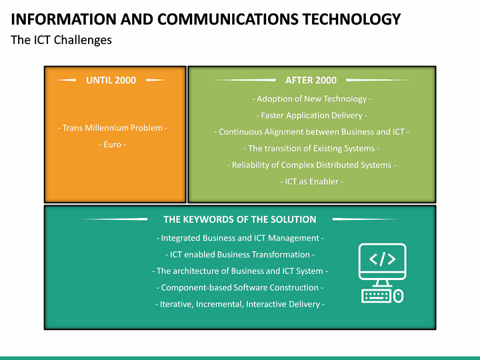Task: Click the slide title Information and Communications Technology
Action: (x=206, y=19)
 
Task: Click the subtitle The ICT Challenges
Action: (x=61, y=40)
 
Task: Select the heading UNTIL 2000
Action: (x=111, y=80)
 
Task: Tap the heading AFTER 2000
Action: (x=311, y=80)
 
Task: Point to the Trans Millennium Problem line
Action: (x=112, y=127)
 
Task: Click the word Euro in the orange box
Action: (x=112, y=144)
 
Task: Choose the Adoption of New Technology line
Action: (x=311, y=99)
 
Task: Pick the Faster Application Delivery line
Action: (x=311, y=115)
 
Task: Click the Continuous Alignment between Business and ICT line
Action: (x=311, y=131)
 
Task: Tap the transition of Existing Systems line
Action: (x=311, y=148)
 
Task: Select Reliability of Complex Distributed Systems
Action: (x=311, y=165)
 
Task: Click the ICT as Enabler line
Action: (x=311, y=181)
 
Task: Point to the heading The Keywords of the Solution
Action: (x=240, y=219)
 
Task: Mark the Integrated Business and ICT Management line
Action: (x=240, y=238)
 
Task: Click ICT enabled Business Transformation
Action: (x=240, y=255)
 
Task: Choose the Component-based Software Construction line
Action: (x=240, y=287)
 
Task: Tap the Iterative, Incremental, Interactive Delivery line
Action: (x=240, y=304)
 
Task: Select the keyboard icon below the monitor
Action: (x=377, y=295)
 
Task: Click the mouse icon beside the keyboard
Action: (x=399, y=295)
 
